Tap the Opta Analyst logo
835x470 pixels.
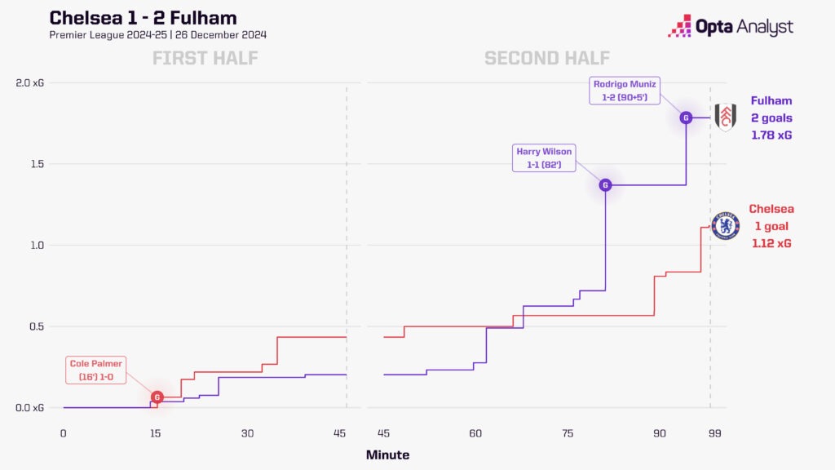(x=730, y=26)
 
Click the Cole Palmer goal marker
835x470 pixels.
(x=157, y=397)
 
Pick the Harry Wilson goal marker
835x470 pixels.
(x=605, y=185)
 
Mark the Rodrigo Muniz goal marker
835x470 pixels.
(x=686, y=117)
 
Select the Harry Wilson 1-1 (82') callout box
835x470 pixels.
(x=546, y=157)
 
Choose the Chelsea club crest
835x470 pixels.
(x=726, y=226)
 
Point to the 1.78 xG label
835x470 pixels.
(x=771, y=135)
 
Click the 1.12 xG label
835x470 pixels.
(x=771, y=243)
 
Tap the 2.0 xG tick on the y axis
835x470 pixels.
(x=31, y=83)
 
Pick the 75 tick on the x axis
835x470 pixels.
(x=568, y=433)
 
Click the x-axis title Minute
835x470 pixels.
(x=387, y=455)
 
